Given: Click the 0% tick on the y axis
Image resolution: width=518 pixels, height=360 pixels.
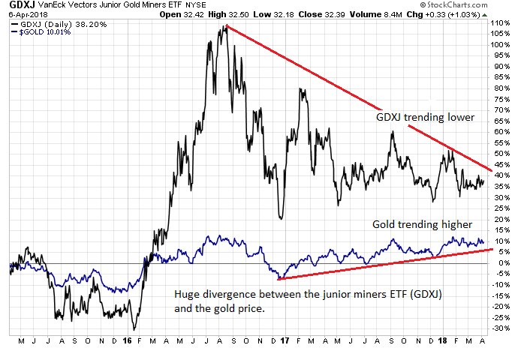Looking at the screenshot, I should [x=498, y=263].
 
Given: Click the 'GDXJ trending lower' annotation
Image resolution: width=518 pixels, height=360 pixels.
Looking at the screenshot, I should [x=426, y=117].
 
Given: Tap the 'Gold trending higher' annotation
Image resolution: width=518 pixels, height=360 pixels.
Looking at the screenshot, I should [x=423, y=224].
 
